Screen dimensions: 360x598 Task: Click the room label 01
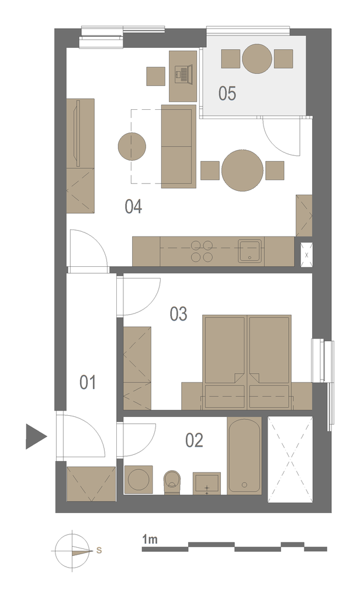coord(88,382)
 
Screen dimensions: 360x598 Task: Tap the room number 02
coord(194,440)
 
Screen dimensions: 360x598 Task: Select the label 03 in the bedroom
coord(178,314)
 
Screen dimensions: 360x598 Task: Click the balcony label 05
coord(227,93)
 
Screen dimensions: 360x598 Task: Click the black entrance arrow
coord(36,436)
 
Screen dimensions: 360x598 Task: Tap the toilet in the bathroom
coord(172,482)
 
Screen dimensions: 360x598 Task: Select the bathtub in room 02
coord(244,456)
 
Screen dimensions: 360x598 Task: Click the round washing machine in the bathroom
coord(138,479)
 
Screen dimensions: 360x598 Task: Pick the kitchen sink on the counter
coord(251,251)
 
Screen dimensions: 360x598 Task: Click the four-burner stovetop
coord(202,251)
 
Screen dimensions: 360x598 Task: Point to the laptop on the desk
coord(182,73)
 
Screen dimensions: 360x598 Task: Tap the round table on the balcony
coord(257,59)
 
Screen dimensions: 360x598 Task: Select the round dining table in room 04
coord(243,171)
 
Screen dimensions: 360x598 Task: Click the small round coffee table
coord(132,146)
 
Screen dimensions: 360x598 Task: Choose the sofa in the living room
coord(179,147)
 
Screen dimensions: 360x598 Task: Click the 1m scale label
coord(150,539)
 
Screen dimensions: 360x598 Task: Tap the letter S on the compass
coord(99,550)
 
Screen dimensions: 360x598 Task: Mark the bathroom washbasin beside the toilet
coord(206,483)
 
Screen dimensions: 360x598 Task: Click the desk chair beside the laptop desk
coord(156,77)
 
